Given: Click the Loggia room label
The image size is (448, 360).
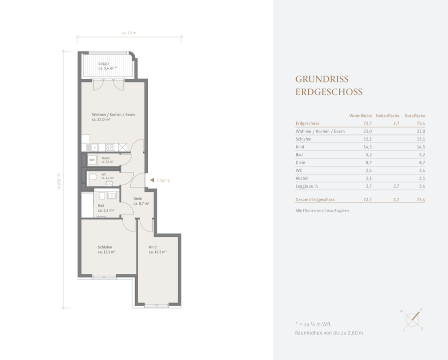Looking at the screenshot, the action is click(x=104, y=63).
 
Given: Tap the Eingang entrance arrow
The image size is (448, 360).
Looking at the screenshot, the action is click(x=152, y=180).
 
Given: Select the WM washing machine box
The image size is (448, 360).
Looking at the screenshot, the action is click(x=92, y=160).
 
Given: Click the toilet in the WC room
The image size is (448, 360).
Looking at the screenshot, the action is click(x=93, y=177).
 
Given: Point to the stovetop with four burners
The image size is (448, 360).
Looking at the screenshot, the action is click(x=110, y=147).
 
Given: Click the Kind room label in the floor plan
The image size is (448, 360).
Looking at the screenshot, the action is click(x=153, y=247).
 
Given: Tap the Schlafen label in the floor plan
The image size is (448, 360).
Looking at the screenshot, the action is click(x=105, y=247).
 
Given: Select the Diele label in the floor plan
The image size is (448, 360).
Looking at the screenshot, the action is click(x=138, y=198).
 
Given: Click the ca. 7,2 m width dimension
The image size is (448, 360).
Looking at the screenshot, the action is click(x=129, y=33).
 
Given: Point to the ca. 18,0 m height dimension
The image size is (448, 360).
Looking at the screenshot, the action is click(x=59, y=181).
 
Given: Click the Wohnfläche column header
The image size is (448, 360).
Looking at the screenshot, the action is click(x=360, y=115).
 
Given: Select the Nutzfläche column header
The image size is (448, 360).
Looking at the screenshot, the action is click(x=414, y=115).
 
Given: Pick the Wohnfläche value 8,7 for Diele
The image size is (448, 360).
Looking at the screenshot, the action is click(x=368, y=162).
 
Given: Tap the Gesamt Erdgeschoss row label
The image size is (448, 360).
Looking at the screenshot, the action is click(x=315, y=199).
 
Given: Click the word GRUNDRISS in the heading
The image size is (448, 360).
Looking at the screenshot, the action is click(x=322, y=79).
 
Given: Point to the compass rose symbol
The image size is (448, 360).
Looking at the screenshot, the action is click(x=412, y=319).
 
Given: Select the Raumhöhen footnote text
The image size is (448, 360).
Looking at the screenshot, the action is click(x=329, y=333).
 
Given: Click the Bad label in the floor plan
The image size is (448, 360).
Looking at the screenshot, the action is click(x=101, y=205).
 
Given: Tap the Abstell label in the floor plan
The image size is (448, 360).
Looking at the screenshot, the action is click(x=106, y=158).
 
